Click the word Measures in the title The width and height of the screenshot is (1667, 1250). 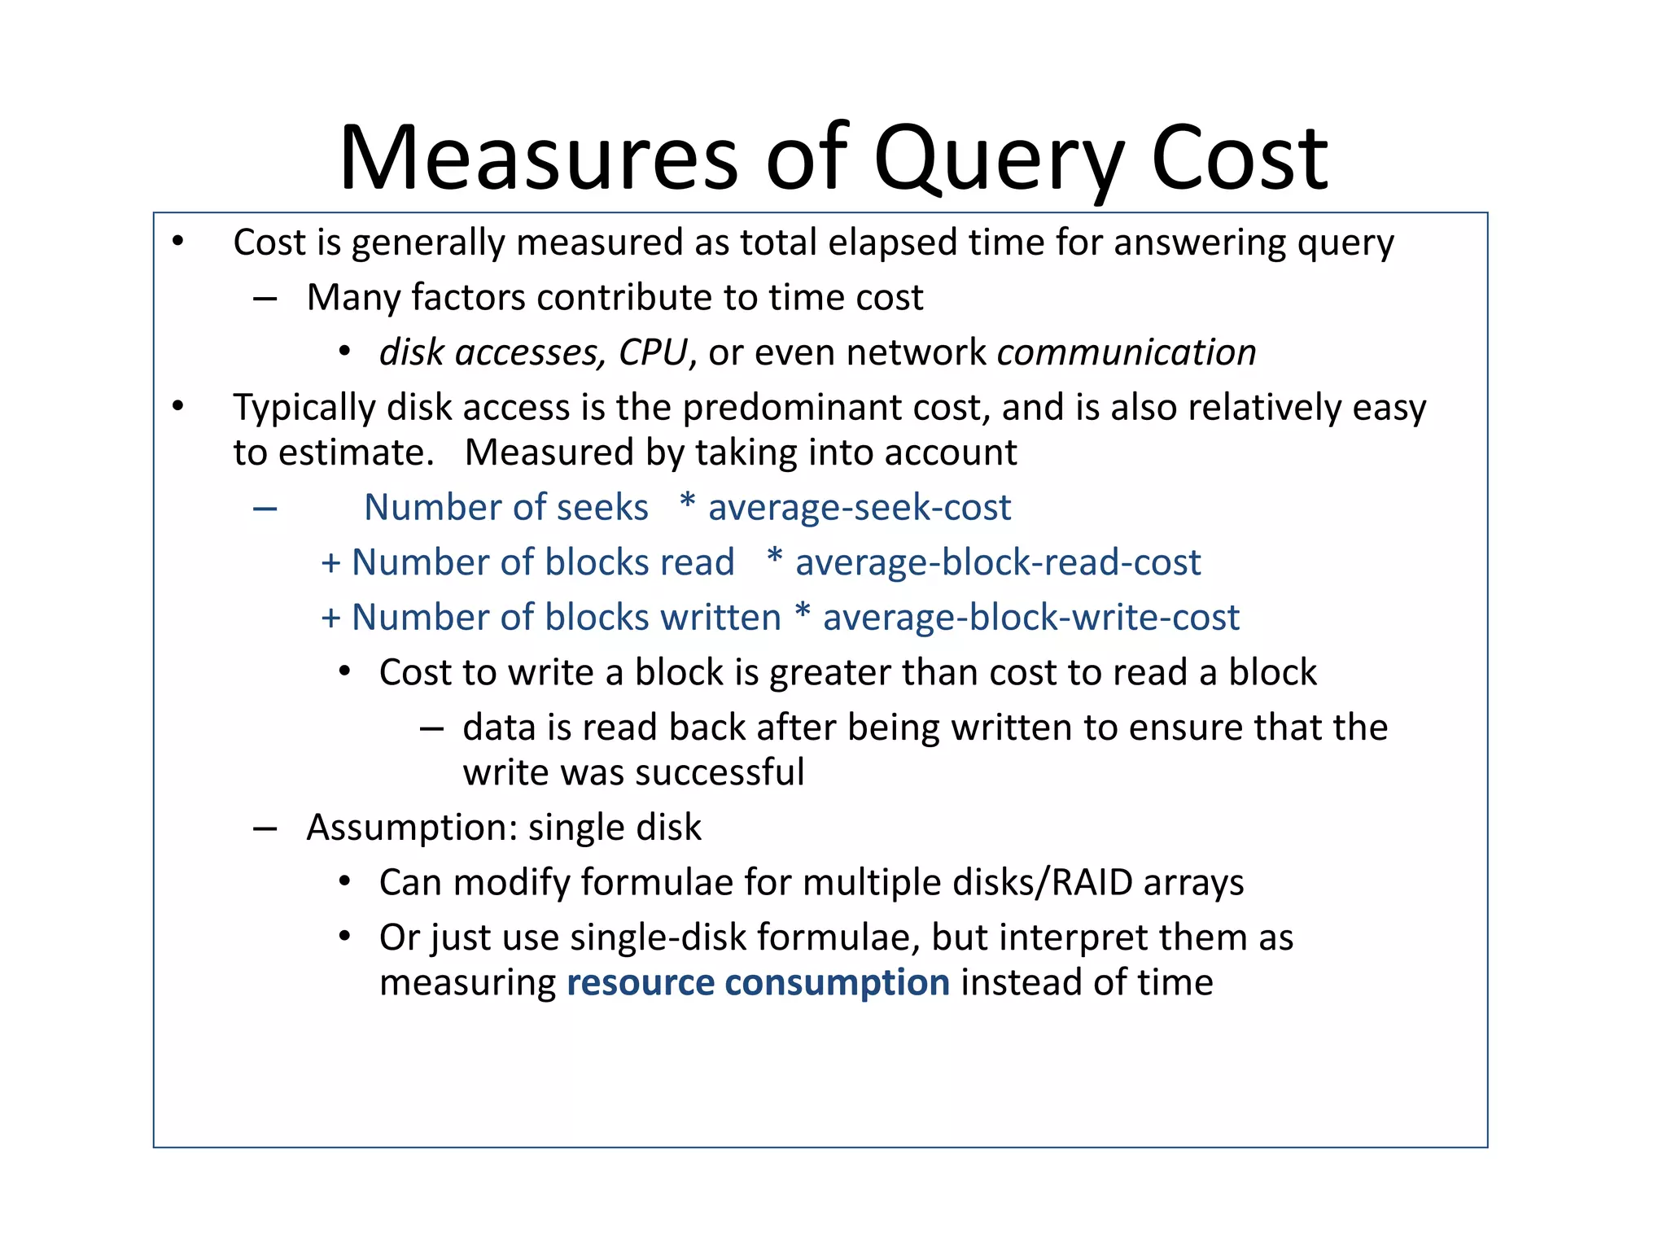[538, 159]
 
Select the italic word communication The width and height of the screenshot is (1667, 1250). [1127, 352]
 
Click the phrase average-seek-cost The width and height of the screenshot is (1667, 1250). [860, 508]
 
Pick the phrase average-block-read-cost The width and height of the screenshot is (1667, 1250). [998, 562]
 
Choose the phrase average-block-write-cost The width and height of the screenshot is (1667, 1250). [1031, 618]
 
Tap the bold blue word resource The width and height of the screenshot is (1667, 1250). [640, 982]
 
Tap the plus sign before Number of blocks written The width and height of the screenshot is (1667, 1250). [330, 618]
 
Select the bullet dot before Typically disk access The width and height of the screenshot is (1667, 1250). [178, 406]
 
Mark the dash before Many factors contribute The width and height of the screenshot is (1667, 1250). [265, 299]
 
